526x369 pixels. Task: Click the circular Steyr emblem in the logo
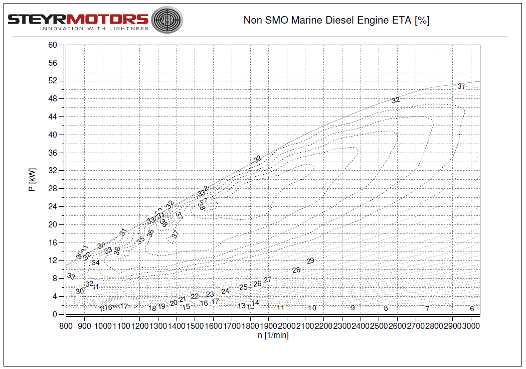(166, 20)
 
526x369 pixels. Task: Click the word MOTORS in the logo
(108, 19)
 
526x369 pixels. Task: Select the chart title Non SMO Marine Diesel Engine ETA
(336, 21)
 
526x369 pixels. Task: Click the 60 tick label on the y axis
(53, 45)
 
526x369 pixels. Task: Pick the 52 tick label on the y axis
(53, 81)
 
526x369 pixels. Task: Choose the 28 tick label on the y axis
(53, 189)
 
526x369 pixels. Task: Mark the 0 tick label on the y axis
(55, 315)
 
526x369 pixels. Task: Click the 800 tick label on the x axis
(66, 325)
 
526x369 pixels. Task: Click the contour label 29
(310, 261)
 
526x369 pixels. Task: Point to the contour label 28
(296, 270)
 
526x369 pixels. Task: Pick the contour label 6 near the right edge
(472, 309)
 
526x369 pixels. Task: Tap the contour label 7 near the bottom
(427, 309)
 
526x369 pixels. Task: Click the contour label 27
(268, 280)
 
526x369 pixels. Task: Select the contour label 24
(225, 291)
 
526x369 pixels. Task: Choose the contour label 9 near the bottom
(353, 308)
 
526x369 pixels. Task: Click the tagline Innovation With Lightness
(94, 29)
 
